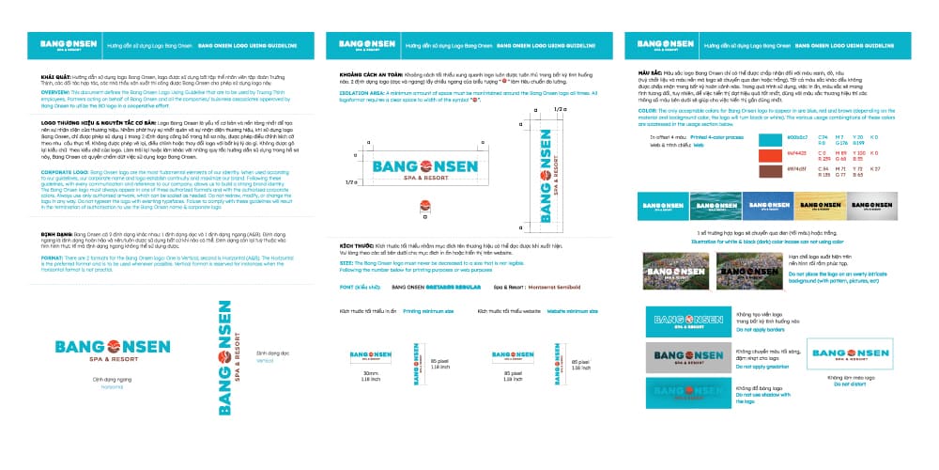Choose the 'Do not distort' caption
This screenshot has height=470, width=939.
tap(843, 384)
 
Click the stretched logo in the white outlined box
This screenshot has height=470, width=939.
tap(842, 353)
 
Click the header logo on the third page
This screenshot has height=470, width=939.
tap(666, 44)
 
